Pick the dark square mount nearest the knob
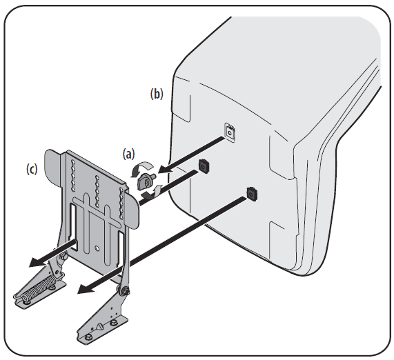pyautogui.click(x=204, y=165)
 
